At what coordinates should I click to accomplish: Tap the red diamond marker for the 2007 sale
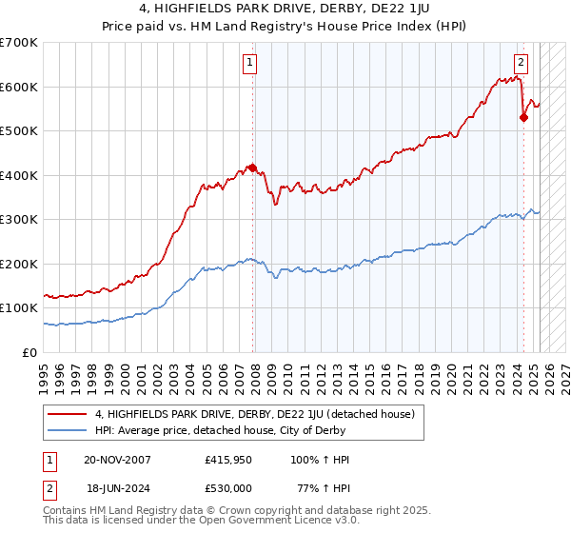point(252,168)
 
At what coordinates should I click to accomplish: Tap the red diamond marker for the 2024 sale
point(523,118)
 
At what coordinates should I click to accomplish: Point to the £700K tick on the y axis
point(19,43)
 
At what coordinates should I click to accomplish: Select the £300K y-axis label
point(19,219)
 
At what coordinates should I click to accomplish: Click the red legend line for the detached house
point(67,415)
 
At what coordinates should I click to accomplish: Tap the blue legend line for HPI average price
point(67,431)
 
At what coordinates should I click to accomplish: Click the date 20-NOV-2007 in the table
point(117,460)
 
